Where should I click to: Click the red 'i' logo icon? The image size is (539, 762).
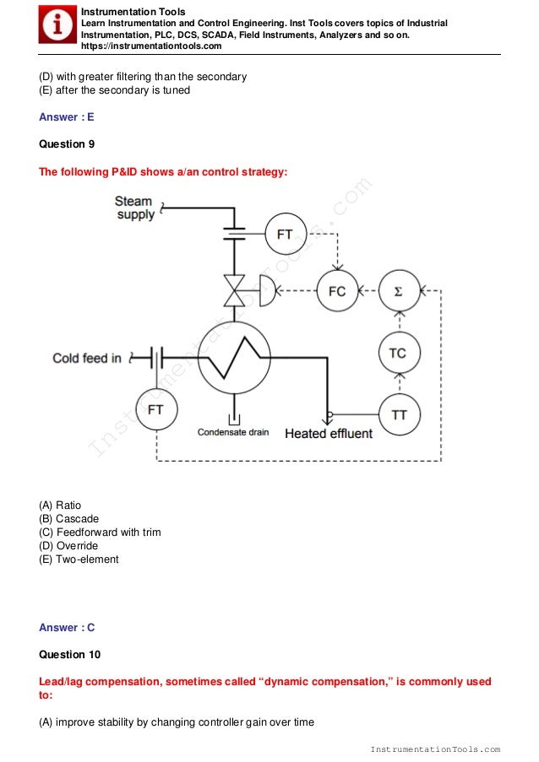pyautogui.click(x=57, y=25)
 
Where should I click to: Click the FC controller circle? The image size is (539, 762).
pyautogui.click(x=337, y=292)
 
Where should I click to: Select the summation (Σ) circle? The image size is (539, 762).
pyautogui.click(x=398, y=292)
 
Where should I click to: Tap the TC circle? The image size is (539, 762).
pyautogui.click(x=398, y=353)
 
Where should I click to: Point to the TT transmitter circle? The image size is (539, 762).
pyautogui.click(x=398, y=414)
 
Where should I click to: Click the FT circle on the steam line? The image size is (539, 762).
pyautogui.click(x=286, y=234)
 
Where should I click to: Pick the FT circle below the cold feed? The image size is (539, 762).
pyautogui.click(x=155, y=410)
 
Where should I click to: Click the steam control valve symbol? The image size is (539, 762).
pyautogui.click(x=234, y=291)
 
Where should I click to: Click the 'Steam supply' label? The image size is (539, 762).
pyautogui.click(x=135, y=208)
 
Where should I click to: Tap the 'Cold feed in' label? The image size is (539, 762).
pyautogui.click(x=87, y=359)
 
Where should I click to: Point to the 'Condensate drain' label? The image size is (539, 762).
pyautogui.click(x=233, y=432)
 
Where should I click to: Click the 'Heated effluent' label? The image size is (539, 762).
pyautogui.click(x=329, y=434)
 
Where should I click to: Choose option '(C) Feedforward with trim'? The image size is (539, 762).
pyautogui.click(x=100, y=532)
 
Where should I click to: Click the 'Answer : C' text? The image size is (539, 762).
pyautogui.click(x=67, y=627)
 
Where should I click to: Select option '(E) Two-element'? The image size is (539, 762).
pyautogui.click(x=79, y=559)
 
